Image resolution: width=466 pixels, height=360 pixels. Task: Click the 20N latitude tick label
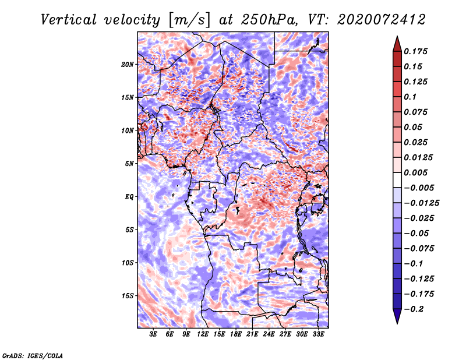[128, 65]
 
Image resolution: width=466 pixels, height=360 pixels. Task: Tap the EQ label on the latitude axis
[129, 197]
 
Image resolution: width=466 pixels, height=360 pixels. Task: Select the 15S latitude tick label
[128, 296]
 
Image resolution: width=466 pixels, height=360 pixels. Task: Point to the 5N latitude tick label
[129, 164]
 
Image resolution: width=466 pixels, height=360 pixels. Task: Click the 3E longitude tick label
[153, 334]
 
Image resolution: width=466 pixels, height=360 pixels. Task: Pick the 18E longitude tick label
[236, 334]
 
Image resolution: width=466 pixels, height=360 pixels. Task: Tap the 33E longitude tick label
[318, 334]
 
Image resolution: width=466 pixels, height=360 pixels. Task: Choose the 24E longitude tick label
[269, 334]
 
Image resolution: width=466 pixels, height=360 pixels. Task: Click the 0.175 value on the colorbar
[415, 51]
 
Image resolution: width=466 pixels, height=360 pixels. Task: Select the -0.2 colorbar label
[414, 309]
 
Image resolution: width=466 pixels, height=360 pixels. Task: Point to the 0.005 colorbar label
[415, 172]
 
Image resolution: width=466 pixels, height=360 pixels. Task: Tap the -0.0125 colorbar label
[421, 203]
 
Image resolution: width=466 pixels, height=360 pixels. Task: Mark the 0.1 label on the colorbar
[410, 97]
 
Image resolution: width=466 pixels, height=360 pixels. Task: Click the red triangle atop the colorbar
[397, 44]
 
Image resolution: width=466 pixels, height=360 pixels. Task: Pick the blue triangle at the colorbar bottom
[397, 316]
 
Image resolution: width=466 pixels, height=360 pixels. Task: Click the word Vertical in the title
[69, 20]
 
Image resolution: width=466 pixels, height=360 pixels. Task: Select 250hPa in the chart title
[269, 20]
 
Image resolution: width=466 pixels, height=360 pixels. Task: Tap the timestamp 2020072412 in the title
[382, 20]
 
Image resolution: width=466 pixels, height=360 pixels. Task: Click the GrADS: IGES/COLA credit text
[33, 355]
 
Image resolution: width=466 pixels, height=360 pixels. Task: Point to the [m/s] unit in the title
[189, 20]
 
